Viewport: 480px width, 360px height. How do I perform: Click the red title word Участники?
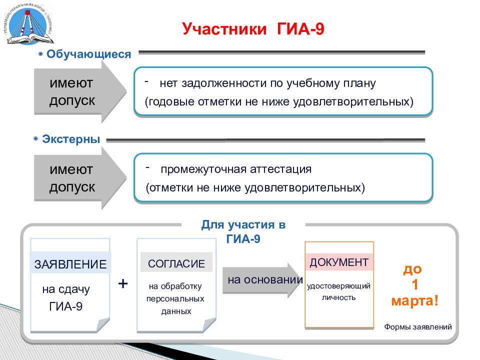[x=224, y=29]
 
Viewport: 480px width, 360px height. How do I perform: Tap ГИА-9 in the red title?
[x=300, y=29]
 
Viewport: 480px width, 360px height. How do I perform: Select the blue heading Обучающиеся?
[x=89, y=54]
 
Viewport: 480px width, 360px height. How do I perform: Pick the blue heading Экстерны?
[x=71, y=139]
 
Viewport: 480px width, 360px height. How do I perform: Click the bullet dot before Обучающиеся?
[x=40, y=54]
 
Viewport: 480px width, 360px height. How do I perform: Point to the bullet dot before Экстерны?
[x=36, y=139]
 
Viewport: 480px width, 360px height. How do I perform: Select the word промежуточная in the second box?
[x=203, y=169]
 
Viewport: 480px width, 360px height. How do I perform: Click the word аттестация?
[x=280, y=169]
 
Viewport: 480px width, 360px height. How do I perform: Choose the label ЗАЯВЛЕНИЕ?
[x=70, y=264]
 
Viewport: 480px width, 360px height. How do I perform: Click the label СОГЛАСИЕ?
[x=176, y=263]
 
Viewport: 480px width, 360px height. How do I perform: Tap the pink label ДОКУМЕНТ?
[x=339, y=262]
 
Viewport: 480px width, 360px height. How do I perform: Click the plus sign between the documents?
[x=123, y=283]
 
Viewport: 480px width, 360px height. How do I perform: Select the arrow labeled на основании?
[x=263, y=280]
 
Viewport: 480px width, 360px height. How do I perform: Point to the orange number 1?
[x=415, y=285]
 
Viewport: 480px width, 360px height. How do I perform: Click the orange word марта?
[x=415, y=301]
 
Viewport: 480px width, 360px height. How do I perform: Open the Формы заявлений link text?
[x=418, y=327]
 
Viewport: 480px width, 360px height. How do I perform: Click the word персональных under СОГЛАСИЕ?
[x=175, y=299]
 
